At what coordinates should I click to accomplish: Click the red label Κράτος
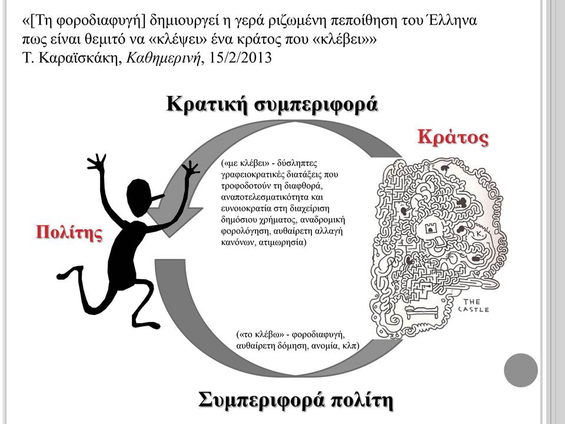click(453, 137)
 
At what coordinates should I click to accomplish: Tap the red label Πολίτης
click(69, 232)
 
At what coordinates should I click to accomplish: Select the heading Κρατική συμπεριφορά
click(272, 105)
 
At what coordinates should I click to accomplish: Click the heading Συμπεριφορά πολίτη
click(295, 400)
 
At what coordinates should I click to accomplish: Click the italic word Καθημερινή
click(163, 58)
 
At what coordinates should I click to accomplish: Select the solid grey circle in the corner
click(521, 370)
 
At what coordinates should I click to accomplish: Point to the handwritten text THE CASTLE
click(473, 306)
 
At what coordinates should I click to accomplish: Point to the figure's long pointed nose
click(157, 198)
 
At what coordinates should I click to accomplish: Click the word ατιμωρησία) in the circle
click(282, 242)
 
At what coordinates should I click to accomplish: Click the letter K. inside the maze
click(480, 233)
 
